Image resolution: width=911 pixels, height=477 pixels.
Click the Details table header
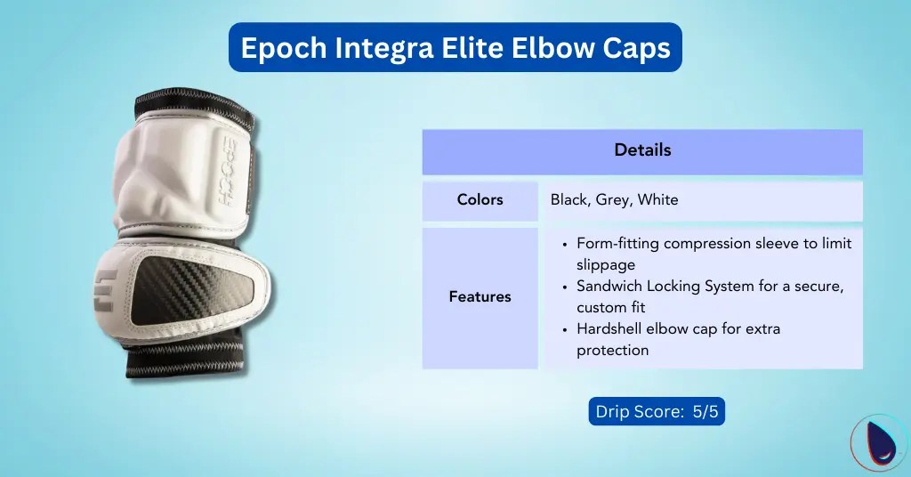(x=642, y=150)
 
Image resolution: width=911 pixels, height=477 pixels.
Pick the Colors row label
(x=480, y=200)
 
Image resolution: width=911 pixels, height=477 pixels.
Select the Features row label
(x=480, y=297)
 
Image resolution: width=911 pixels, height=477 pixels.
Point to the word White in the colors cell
(x=657, y=200)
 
